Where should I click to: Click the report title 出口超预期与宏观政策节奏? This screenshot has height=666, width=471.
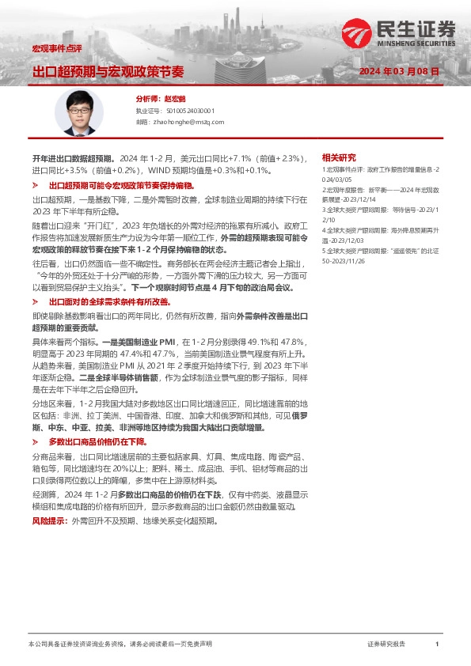(x=108, y=71)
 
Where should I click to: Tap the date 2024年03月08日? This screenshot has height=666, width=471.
(x=399, y=71)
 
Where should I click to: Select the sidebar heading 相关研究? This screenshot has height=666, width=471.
(x=339, y=157)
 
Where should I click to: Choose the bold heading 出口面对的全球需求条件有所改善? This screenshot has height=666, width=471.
(x=109, y=302)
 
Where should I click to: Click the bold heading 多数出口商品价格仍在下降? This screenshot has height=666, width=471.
(x=97, y=441)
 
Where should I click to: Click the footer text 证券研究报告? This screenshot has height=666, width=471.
(x=386, y=645)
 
